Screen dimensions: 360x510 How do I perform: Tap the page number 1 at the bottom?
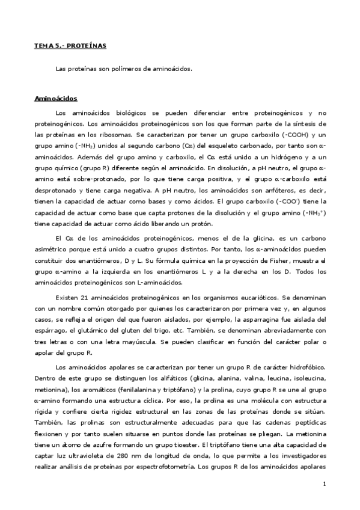[x=324, y=484]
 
